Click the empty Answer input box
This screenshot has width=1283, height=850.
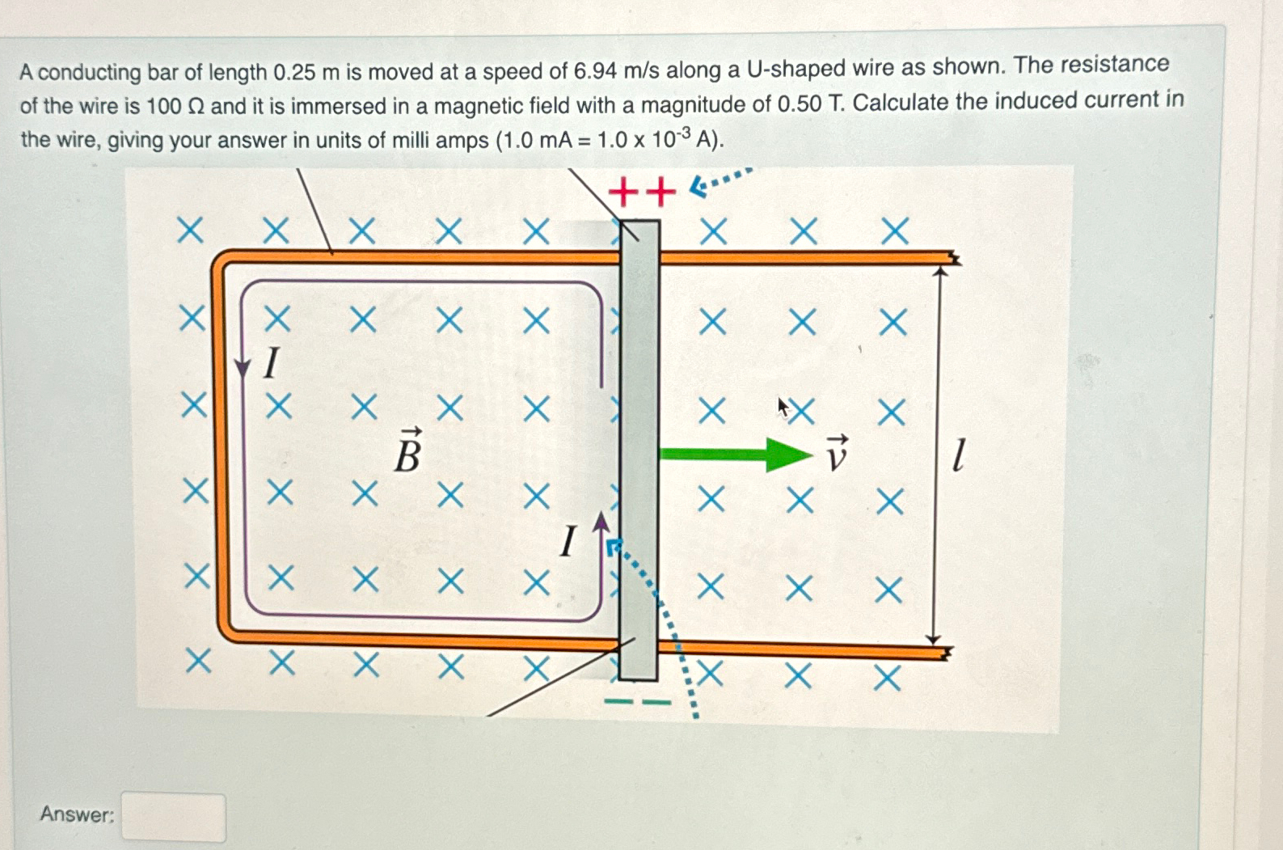pyautogui.click(x=173, y=817)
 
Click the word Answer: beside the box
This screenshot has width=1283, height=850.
pyautogui.click(x=77, y=814)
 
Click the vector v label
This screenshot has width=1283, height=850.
pyautogui.click(x=837, y=454)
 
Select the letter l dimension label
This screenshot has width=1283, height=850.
pyautogui.click(x=958, y=455)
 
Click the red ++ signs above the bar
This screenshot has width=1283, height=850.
pyautogui.click(x=641, y=192)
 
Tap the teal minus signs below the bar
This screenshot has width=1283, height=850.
pyautogui.click(x=638, y=701)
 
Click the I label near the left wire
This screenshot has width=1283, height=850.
pyautogui.click(x=272, y=363)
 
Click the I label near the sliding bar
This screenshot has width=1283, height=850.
pyautogui.click(x=568, y=541)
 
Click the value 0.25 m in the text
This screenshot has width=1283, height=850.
pyautogui.click(x=306, y=72)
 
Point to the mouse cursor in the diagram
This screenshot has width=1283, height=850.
pyautogui.click(x=782, y=406)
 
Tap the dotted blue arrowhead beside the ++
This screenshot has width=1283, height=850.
pyautogui.click(x=698, y=188)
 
